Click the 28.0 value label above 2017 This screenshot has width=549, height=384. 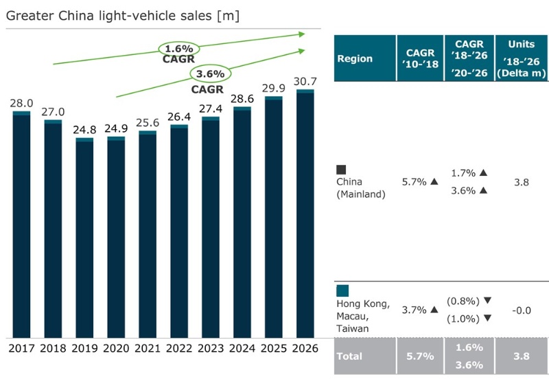(x=21, y=102)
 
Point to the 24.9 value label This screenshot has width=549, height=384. (x=116, y=128)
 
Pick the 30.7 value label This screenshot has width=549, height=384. (x=305, y=81)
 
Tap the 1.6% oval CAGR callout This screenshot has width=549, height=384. (x=179, y=49)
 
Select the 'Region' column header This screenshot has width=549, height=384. (x=355, y=58)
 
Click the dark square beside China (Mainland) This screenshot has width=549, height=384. (x=341, y=170)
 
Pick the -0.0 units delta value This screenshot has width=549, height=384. (x=522, y=310)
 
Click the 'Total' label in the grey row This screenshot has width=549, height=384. (x=349, y=357)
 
